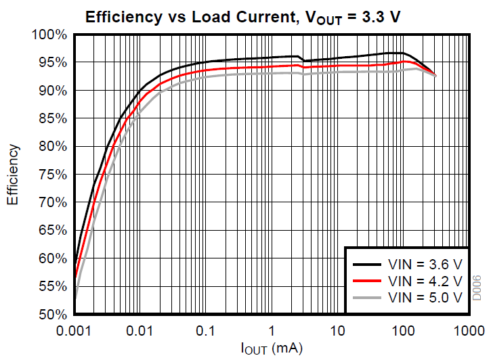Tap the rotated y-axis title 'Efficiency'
[14, 175]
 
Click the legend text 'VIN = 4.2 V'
[425, 280]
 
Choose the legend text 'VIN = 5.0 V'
[425, 297]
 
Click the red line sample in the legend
[367, 280]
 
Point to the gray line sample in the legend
[367, 297]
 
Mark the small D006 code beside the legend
[477, 288]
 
